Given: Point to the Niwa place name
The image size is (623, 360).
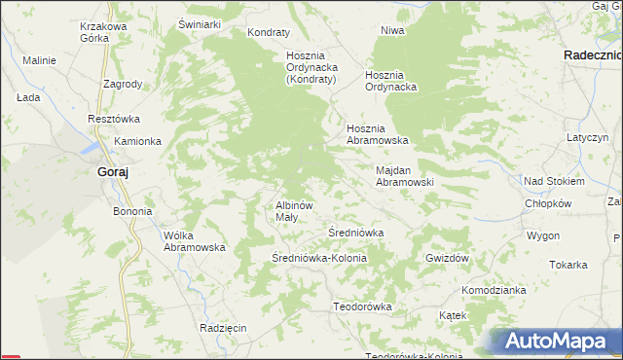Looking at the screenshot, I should (x=392, y=30).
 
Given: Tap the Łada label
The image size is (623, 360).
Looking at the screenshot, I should (x=27, y=98).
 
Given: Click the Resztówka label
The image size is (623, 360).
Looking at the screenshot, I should (x=114, y=119).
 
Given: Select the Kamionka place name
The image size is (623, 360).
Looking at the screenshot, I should (x=137, y=141).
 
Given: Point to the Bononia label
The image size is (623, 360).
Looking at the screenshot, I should (x=133, y=211).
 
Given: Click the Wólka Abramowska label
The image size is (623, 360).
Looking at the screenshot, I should (x=195, y=241).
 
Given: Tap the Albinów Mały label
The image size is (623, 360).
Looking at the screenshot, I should (x=293, y=211).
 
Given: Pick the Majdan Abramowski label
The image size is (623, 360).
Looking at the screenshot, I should (x=404, y=176).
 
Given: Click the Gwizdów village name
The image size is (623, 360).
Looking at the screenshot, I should (x=448, y=258).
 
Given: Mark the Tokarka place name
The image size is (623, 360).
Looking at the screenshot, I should (x=568, y=265).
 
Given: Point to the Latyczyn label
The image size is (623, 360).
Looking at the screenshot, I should (x=588, y=138).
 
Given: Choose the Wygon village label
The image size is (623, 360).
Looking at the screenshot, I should (x=543, y=235).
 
